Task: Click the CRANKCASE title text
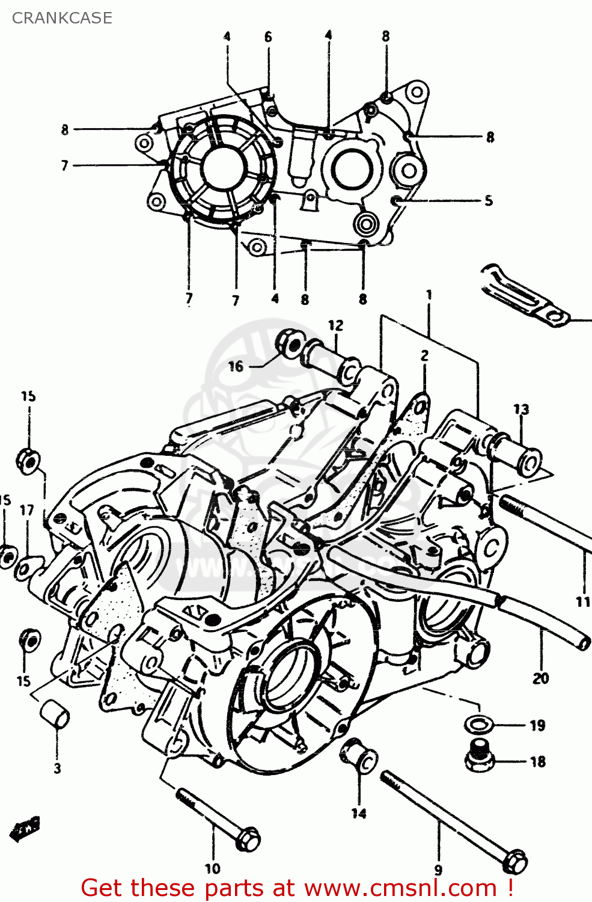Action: pos(62,18)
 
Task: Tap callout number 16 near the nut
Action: pos(236,366)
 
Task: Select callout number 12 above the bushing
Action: pos(335,325)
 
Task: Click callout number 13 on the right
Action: pos(521,410)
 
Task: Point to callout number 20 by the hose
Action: pos(540,678)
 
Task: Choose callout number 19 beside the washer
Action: pos(537,725)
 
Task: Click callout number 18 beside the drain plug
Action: pos(537,761)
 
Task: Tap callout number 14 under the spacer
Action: pos(359,813)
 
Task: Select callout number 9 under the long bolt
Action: pos(438,870)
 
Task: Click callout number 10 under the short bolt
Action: pos(212,868)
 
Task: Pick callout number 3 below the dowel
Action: pos(57,768)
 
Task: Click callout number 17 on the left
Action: pos(26,511)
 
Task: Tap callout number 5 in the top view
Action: pos(489,200)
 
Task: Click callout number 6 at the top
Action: pos(268,37)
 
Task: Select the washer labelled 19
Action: pos(478,723)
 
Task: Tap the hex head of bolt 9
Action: pos(515,862)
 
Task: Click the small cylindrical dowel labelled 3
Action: pos(55,714)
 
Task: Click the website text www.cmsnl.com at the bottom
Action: pos(400,888)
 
